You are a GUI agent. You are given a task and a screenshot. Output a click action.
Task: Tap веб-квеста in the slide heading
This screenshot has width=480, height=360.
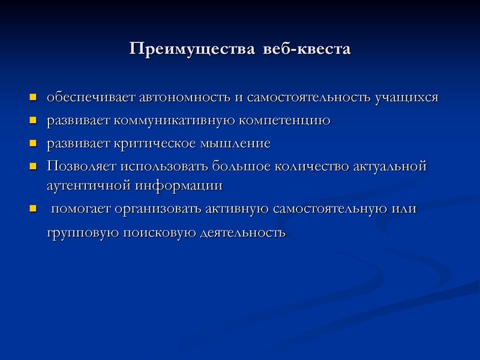click(x=307, y=48)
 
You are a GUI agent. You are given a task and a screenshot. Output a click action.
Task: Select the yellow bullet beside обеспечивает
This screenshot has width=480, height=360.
click(x=34, y=97)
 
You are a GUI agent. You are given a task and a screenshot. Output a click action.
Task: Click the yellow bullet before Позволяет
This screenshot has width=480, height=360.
click(x=34, y=166)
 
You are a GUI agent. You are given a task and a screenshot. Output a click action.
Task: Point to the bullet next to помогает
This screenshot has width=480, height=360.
click(x=34, y=209)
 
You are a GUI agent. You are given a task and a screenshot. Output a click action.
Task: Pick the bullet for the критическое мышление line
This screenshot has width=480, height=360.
click(x=34, y=143)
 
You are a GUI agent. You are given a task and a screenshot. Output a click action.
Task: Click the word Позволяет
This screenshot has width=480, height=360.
click(x=81, y=166)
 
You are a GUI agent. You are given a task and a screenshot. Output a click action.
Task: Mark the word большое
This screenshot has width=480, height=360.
click(x=241, y=166)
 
